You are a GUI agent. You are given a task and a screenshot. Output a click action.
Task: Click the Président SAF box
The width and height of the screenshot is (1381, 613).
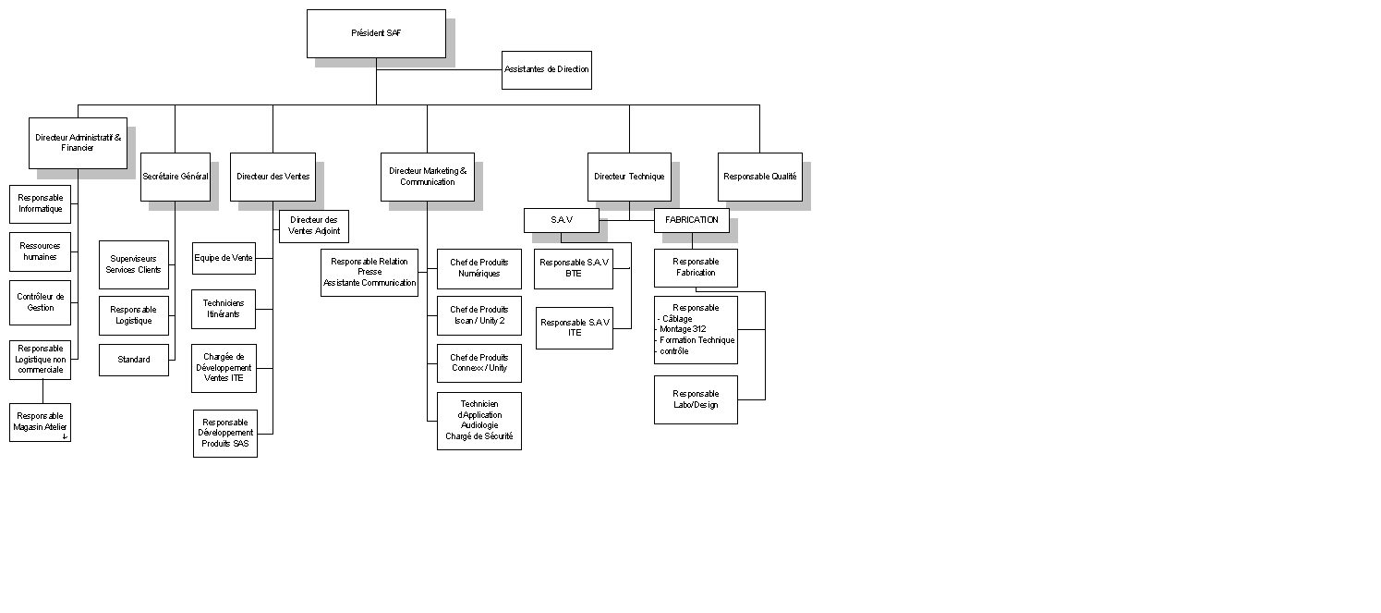pos(376,34)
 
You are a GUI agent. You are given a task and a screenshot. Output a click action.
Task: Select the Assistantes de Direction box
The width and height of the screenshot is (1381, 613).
pos(547,70)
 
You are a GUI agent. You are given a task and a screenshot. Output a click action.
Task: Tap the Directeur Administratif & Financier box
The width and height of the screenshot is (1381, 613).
pos(78,143)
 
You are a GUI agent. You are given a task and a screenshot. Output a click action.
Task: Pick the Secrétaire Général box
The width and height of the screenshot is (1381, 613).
pos(176,178)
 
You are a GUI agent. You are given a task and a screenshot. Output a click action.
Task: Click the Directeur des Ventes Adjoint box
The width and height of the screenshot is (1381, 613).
pos(314,227)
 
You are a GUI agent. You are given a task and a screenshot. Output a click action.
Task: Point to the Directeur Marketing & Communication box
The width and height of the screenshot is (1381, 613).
pos(428,178)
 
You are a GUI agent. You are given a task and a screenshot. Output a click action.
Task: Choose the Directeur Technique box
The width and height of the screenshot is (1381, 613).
pos(629,178)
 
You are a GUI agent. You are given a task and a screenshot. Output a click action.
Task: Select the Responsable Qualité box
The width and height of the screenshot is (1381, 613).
pos(760,178)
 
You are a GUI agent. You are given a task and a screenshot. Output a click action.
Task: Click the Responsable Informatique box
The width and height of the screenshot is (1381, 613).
pos(40,204)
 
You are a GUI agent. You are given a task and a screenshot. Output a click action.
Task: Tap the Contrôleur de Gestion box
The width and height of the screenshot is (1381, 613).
pos(40,303)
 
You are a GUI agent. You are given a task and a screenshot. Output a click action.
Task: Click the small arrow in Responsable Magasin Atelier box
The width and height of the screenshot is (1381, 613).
pos(65,436)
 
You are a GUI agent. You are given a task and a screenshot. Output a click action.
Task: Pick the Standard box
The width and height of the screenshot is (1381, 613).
pos(134,360)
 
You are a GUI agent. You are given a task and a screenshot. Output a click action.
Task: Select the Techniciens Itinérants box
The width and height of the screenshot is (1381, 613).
pos(224,310)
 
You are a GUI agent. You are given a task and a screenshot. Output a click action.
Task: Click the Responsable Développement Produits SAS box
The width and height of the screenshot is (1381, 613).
pos(225,434)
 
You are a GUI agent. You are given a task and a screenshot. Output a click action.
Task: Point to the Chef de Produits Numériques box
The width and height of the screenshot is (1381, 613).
pos(479,269)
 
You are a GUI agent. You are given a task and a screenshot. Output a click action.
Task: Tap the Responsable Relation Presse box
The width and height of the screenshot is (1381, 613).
pos(369,273)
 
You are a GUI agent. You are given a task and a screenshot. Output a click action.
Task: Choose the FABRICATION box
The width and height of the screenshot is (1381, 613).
pos(692,220)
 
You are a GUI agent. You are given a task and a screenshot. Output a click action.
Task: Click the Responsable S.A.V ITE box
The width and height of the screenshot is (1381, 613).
pos(575,328)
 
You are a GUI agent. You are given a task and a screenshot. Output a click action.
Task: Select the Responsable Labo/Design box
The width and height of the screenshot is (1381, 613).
pos(697,400)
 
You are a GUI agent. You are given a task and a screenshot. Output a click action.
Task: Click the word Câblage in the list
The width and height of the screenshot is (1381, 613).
pos(677,319)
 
